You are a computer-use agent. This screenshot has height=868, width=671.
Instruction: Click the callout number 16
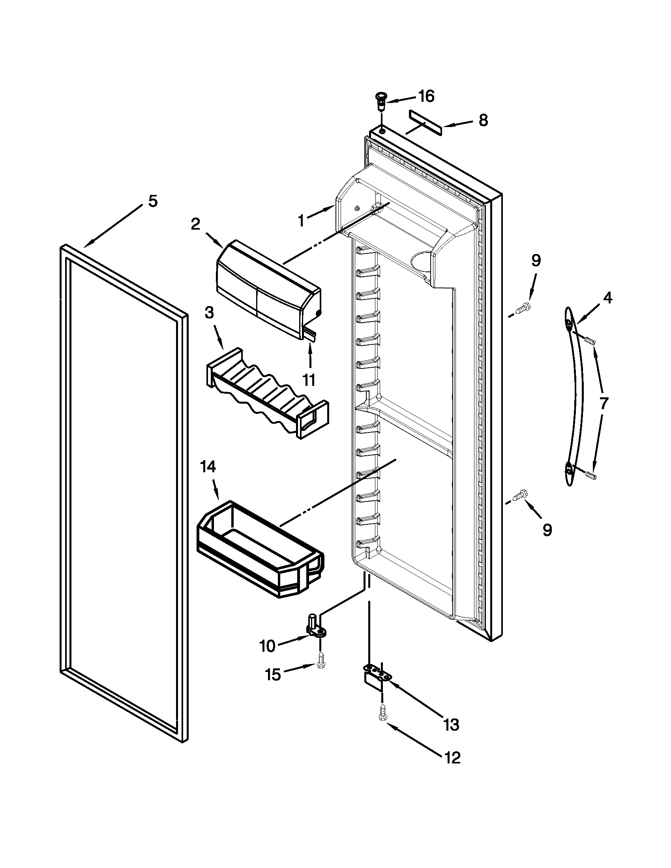[x=427, y=97]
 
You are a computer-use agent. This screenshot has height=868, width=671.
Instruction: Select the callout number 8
[x=483, y=120]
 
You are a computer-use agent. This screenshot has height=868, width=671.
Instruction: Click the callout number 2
[x=195, y=224]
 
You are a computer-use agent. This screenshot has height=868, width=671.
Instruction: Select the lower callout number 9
[x=547, y=530]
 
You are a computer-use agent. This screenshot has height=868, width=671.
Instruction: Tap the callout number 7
[x=604, y=403]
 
